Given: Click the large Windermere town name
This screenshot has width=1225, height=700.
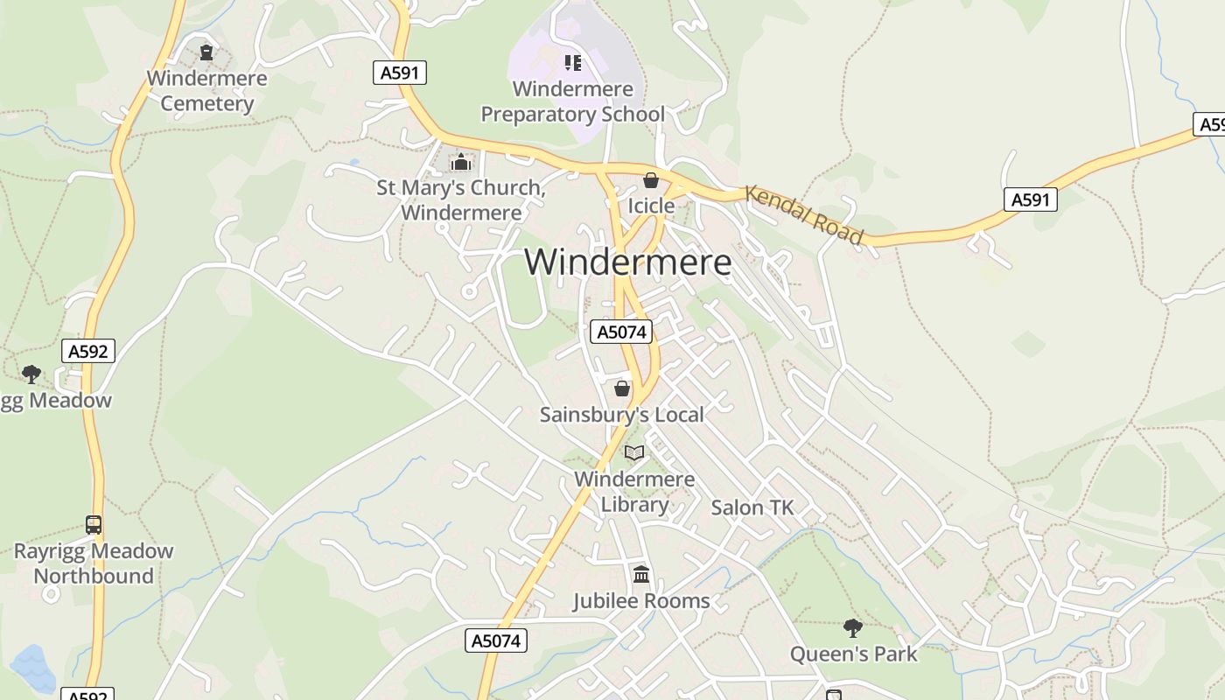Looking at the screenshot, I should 627,262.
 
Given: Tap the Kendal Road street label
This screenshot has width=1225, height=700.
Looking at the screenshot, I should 804,215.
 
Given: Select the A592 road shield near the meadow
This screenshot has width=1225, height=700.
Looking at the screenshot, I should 88,352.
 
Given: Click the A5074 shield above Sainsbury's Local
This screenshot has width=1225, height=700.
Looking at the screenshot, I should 621,332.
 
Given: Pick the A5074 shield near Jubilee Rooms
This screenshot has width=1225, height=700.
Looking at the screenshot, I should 496,640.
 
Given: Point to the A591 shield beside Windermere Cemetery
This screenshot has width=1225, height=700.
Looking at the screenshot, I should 401,73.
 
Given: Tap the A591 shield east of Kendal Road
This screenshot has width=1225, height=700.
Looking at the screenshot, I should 1030,200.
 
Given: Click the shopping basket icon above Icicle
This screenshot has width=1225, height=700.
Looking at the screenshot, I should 651,180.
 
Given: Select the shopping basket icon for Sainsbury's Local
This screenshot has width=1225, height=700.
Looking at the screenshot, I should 622,388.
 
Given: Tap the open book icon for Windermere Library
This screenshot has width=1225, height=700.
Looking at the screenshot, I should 634,452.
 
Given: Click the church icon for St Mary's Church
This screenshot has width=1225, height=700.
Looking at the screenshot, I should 460,162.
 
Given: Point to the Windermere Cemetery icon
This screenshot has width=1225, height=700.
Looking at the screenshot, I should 206,52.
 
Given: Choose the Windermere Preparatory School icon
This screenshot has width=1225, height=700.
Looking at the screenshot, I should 573,62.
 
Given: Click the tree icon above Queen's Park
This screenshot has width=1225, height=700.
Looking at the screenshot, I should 853,627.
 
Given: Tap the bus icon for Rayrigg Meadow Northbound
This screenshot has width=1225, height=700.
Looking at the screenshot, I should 94,525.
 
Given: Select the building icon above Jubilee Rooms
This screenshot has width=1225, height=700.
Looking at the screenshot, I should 641,575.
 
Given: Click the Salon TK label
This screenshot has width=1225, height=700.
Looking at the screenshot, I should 752,507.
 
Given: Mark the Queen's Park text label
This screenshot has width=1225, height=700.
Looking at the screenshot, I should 853,654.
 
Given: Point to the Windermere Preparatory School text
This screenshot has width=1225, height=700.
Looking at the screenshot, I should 573,101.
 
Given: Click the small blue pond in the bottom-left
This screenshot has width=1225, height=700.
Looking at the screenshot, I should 32,667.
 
